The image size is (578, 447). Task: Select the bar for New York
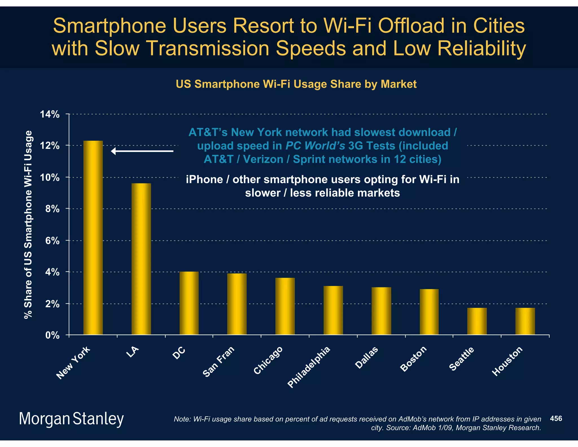(x=93, y=237)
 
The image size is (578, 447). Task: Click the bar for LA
(x=141, y=259)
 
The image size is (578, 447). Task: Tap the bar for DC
(x=189, y=303)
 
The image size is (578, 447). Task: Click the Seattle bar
(x=477, y=321)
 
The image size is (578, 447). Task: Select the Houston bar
(x=525, y=321)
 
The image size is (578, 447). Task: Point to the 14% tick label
(x=50, y=114)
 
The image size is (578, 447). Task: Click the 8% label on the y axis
(x=52, y=209)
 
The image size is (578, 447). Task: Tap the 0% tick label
(x=52, y=335)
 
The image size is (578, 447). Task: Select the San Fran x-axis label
(x=219, y=361)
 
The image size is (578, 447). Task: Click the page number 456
(x=556, y=418)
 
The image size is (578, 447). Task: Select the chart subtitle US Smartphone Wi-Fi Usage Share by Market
(x=296, y=84)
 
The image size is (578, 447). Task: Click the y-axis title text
(x=28, y=225)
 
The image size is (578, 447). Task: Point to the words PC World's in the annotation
(x=315, y=146)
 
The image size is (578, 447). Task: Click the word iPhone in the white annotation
(x=204, y=180)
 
